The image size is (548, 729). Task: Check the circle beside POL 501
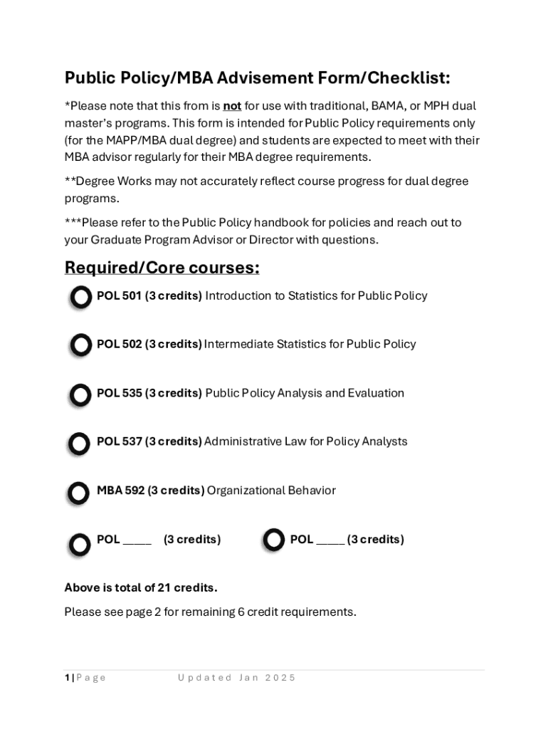[x=80, y=297]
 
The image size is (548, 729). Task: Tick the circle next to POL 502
[x=80, y=345]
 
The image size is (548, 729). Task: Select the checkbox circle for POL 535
[x=80, y=394]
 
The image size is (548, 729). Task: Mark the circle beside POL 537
[x=79, y=444]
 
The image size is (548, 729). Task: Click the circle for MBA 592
[x=78, y=493]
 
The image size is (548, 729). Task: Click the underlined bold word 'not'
[x=232, y=107]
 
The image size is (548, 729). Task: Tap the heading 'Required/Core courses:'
[x=162, y=268]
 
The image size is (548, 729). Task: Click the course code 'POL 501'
[x=119, y=295]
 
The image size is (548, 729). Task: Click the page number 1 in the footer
[x=67, y=678]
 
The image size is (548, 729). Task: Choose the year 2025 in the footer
[x=280, y=678]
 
